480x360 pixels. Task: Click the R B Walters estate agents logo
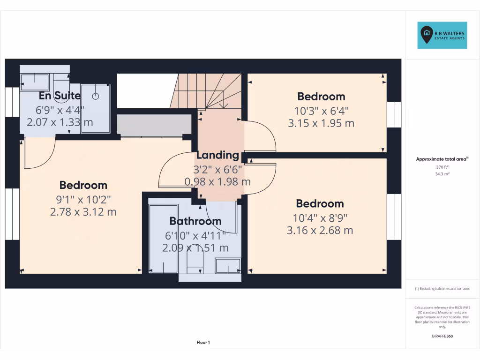(x=442, y=35)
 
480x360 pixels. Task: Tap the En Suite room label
(x=60, y=96)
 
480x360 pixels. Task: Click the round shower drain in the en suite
(x=96, y=96)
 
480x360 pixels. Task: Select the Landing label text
(x=217, y=155)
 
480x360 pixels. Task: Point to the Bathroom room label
(x=195, y=221)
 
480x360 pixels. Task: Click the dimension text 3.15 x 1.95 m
(x=321, y=123)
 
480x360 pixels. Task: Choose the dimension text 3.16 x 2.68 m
(x=320, y=230)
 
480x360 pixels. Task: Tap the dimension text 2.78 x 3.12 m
(x=83, y=212)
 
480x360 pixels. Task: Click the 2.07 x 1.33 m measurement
(x=60, y=122)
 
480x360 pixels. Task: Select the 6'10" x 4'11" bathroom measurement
(x=195, y=234)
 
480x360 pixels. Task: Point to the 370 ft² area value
(x=442, y=167)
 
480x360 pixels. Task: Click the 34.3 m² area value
(x=442, y=174)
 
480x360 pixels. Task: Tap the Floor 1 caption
(x=203, y=343)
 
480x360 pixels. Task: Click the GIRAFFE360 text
(x=442, y=336)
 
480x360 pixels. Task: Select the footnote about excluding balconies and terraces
(x=442, y=289)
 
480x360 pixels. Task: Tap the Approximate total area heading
(x=442, y=159)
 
